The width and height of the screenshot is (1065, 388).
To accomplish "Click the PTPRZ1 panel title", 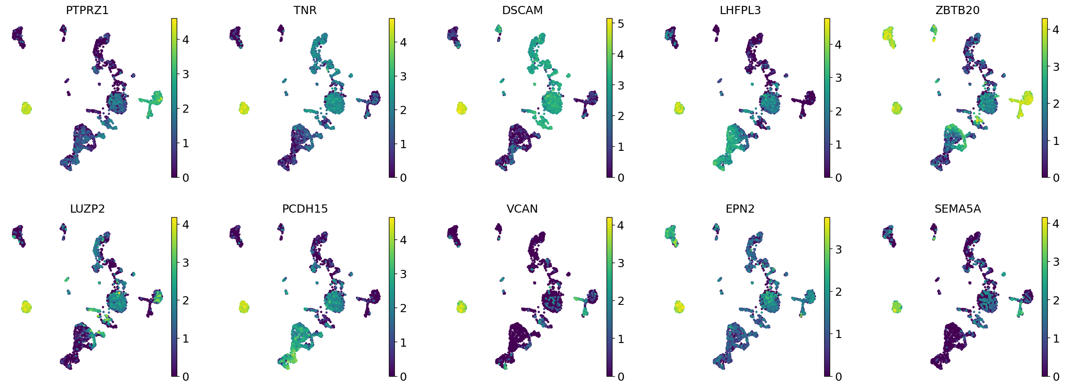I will tap(87, 10).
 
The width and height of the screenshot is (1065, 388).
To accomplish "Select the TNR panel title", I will tap(305, 10).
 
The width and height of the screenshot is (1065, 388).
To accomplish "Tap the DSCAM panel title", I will tap(522, 10).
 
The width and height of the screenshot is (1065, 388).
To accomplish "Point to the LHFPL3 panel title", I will tap(740, 10).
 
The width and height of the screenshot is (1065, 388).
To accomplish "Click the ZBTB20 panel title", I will tap(957, 10).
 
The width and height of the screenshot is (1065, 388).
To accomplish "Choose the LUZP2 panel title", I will tap(87, 209).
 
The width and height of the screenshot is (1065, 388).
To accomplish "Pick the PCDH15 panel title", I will tap(305, 209).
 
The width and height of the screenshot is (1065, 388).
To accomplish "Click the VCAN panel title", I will tap(522, 209).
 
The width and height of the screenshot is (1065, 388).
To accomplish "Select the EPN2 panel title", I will tap(740, 209).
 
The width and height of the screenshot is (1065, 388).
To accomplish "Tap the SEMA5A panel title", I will tap(957, 209).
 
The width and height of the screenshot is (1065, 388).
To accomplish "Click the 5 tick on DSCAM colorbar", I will tap(621, 24).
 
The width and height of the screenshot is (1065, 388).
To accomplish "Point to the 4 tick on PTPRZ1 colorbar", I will tap(185, 40).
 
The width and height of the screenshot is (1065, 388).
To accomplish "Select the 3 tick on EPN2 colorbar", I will tap(838, 249).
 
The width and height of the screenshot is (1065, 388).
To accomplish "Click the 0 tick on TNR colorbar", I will tap(403, 178).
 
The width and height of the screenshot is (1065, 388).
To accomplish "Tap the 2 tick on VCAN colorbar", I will tap(621, 301).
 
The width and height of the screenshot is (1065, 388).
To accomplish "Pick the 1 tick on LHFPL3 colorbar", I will tap(838, 144).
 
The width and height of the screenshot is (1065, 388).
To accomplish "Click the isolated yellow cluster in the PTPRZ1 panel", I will tap(26, 108).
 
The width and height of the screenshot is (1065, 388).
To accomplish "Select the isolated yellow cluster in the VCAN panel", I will tap(461, 307).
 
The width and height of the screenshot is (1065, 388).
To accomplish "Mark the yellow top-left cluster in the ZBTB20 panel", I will tap(888, 36).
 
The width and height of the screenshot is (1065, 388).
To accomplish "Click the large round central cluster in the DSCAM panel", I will tap(552, 103).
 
